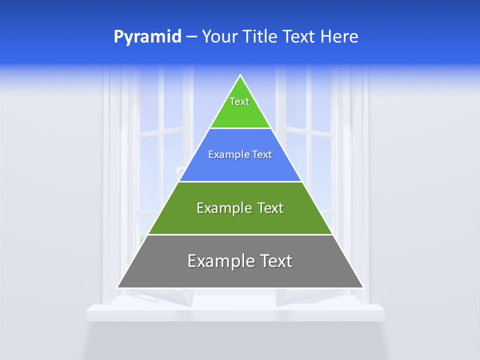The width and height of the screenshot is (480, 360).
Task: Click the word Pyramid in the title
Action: pyautogui.click(x=147, y=37)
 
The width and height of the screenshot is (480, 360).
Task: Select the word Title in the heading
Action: pyautogui.click(x=260, y=37)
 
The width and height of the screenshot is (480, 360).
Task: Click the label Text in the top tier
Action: pyautogui.click(x=239, y=101)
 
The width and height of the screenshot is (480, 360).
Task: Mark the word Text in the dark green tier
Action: pyautogui.click(x=270, y=208)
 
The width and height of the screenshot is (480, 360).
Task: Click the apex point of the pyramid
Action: pyautogui.click(x=240, y=76)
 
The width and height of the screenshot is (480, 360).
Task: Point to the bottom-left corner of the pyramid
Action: pyautogui.click(x=118, y=287)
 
